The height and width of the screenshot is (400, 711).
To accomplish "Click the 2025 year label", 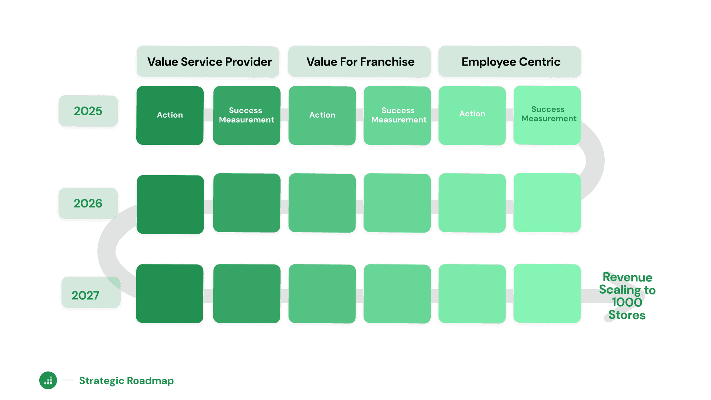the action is [88, 111].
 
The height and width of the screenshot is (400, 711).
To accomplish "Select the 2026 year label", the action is [88, 203].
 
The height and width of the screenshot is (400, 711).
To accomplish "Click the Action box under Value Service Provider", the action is [170, 115].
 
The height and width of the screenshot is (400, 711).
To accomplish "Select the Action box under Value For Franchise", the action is [322, 115].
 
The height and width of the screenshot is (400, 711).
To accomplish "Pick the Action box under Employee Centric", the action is [472, 115].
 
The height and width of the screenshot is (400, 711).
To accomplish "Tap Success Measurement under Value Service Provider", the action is [247, 115].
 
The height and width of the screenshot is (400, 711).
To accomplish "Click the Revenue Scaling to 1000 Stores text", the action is [627, 296].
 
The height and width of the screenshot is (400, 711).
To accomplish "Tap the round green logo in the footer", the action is [48, 380].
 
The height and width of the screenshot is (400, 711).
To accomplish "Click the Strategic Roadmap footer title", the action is [126, 381].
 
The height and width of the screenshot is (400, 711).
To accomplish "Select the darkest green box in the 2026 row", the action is [170, 204].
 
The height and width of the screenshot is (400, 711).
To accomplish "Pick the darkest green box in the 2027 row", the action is [170, 293].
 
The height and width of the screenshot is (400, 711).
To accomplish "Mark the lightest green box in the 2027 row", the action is [547, 293].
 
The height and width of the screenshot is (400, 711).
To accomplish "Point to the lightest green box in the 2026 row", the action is [547, 203].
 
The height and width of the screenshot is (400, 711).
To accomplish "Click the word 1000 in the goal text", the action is [627, 302].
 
